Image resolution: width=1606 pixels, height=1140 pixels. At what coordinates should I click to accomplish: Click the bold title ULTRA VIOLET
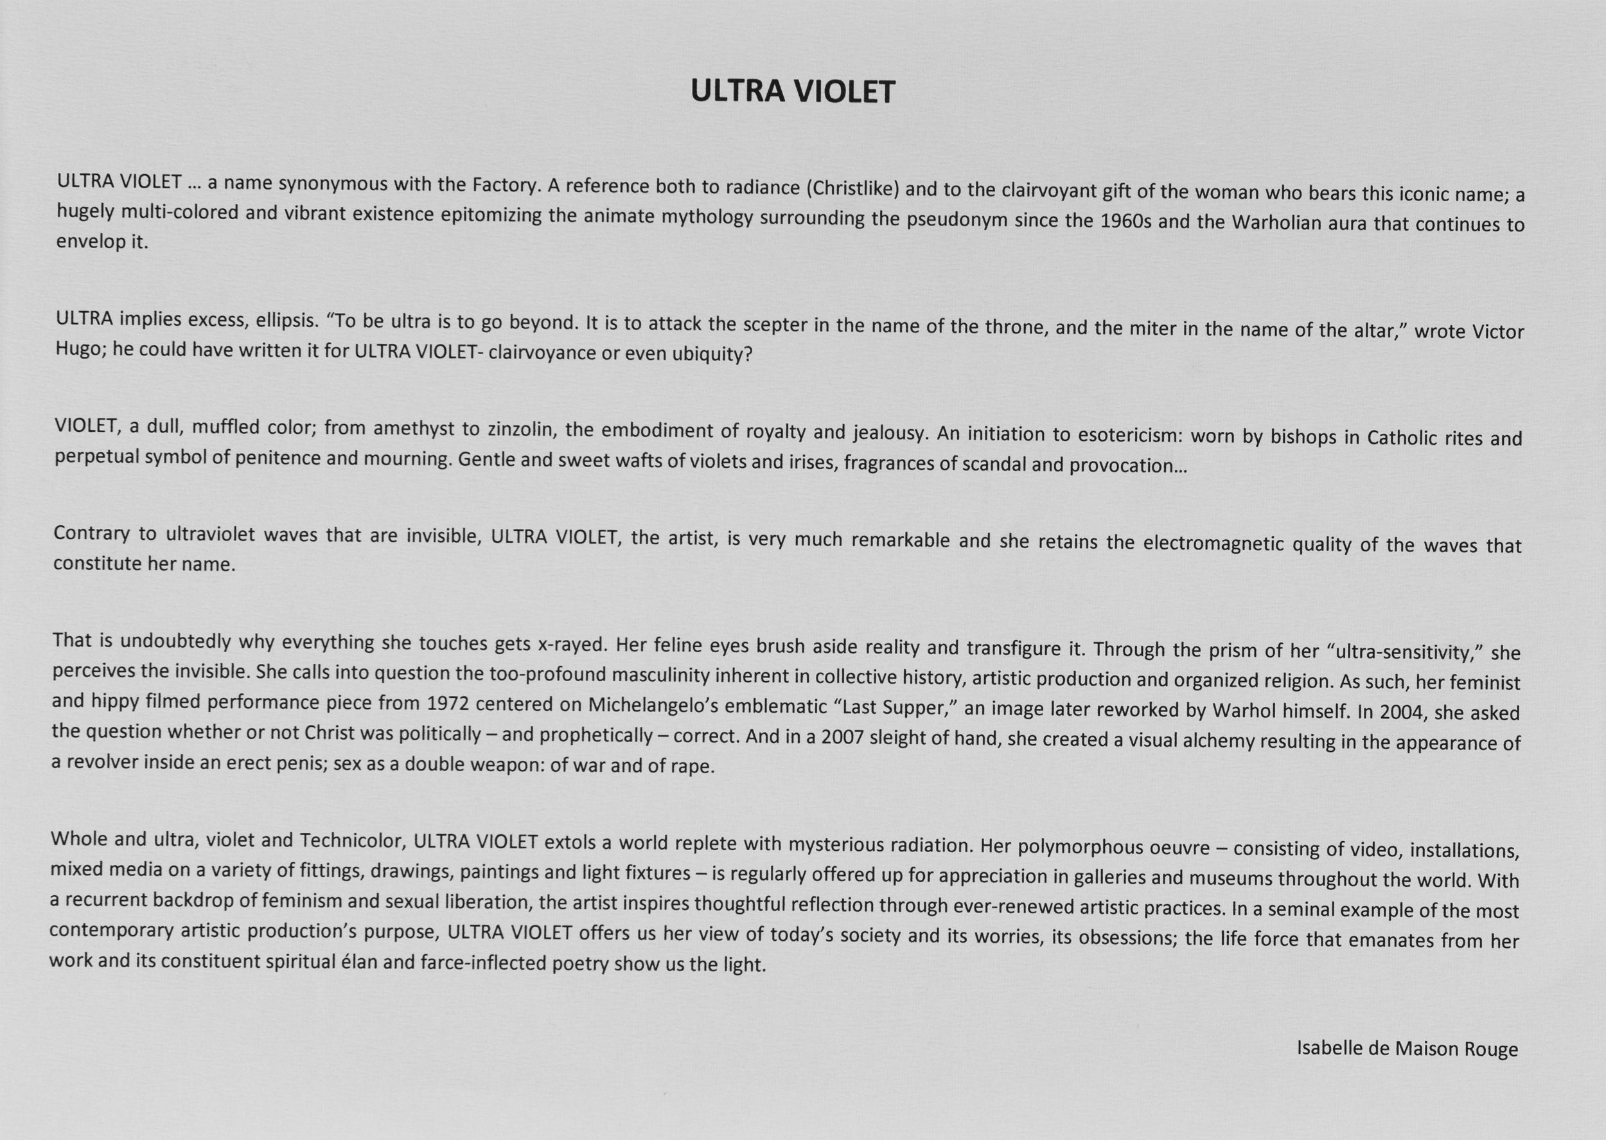(x=793, y=92)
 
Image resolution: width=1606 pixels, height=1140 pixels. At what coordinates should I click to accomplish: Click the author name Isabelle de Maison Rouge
(x=1407, y=1049)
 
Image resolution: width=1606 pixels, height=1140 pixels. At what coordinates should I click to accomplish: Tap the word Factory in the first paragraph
(x=504, y=185)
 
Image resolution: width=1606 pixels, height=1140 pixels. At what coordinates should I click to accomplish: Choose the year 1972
(x=447, y=702)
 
